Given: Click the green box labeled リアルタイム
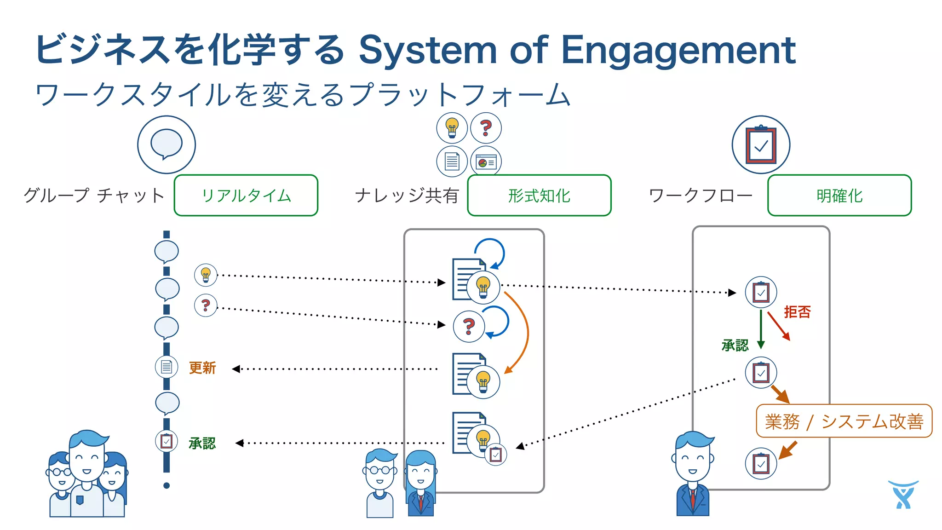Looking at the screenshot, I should click(246, 196).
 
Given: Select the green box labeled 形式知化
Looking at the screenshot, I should click(539, 196).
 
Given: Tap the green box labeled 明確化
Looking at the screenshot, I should click(839, 196).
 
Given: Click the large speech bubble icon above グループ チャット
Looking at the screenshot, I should click(167, 144).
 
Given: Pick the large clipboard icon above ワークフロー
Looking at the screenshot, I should click(761, 144).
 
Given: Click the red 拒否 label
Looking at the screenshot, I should click(797, 312).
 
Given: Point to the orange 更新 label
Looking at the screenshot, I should click(202, 368).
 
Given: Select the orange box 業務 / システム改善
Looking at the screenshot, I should click(844, 421).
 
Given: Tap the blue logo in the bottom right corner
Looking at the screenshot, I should click(903, 495).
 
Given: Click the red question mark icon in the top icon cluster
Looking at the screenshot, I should click(486, 128).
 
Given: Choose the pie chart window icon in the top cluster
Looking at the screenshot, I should click(486, 162).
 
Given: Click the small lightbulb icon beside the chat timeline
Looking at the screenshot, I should click(206, 275).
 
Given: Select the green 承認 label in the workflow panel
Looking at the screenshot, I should click(735, 345).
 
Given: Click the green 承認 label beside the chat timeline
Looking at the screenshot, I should click(202, 443).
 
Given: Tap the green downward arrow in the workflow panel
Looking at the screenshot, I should click(761, 329).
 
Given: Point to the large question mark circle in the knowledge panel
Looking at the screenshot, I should click(469, 326).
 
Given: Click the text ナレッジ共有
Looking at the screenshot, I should click(407, 196).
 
